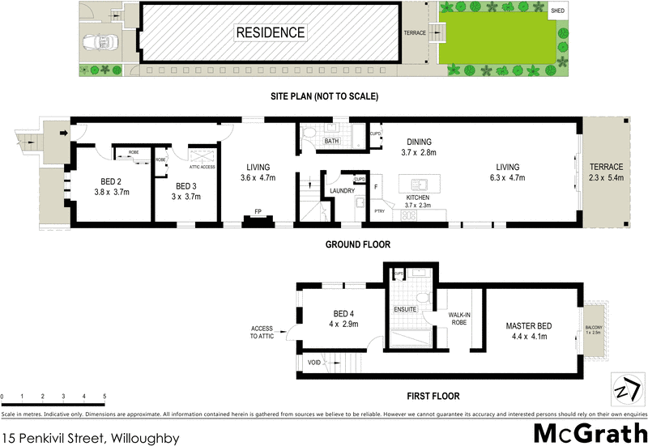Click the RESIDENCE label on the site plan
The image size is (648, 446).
[271, 33]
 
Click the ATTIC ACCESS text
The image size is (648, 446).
[202, 167]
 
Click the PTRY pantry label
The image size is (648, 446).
[378, 210]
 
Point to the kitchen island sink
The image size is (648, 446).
[421, 184]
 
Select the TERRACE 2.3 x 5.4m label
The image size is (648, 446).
[606, 172]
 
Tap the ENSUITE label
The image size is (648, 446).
[404, 309]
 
